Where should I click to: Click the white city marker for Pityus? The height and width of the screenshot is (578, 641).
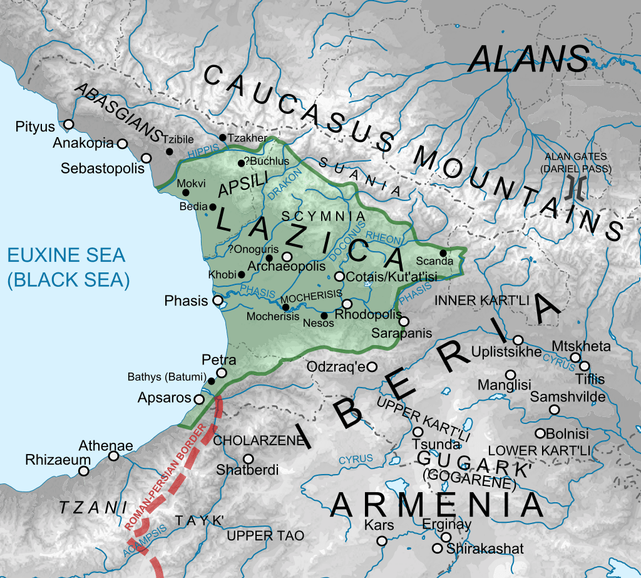(68, 124)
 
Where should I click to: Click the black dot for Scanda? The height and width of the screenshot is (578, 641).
(443, 253)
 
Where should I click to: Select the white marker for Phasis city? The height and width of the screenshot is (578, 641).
(218, 301)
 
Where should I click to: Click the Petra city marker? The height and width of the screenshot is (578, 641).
(222, 373)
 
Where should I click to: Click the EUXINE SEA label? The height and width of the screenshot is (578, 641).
(66, 255)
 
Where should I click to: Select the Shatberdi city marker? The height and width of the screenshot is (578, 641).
(249, 459)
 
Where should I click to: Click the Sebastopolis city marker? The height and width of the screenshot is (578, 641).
(146, 158)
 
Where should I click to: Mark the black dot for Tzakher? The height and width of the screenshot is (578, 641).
(222, 137)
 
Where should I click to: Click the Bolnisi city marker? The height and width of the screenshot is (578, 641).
(540, 433)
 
